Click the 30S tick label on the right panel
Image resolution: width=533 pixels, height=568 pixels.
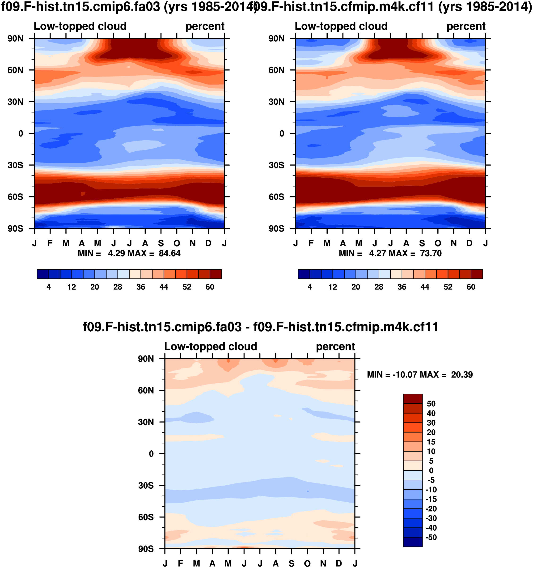click(x=276, y=165)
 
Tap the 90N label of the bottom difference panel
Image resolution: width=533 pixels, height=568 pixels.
click(x=146, y=359)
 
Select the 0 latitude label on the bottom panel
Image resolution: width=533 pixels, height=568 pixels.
click(x=151, y=454)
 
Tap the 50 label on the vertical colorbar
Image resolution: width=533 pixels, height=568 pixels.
click(x=431, y=403)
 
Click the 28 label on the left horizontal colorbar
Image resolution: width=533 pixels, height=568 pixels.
click(x=118, y=287)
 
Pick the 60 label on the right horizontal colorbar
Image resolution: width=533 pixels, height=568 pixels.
click(x=471, y=287)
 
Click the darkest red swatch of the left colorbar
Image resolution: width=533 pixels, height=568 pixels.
click(x=216, y=274)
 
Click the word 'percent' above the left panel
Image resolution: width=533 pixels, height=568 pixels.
click(x=205, y=26)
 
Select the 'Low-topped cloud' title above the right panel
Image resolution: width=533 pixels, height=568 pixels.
click(x=341, y=26)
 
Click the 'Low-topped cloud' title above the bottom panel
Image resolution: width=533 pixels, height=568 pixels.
click(x=211, y=346)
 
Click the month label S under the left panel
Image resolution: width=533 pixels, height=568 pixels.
click(x=161, y=243)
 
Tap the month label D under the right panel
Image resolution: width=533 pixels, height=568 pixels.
click(x=469, y=243)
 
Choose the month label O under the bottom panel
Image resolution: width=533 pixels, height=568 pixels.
click(x=307, y=564)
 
